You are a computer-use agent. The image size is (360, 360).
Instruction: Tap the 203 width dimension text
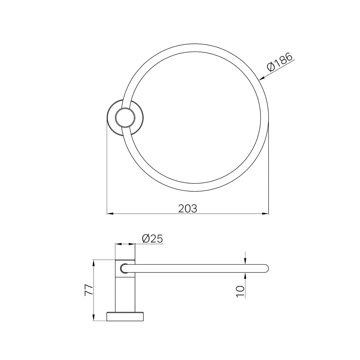(x=187, y=209)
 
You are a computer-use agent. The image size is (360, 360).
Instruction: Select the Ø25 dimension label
(x=152, y=238)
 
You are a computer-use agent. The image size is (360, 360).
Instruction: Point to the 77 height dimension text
(x=88, y=290)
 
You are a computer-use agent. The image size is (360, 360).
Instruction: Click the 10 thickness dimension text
(x=240, y=292)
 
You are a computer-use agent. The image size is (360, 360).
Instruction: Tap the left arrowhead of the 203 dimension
(x=110, y=214)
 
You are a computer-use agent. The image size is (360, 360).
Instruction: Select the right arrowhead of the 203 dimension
(x=265, y=214)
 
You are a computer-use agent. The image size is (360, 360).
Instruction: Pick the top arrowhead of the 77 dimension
(x=94, y=263)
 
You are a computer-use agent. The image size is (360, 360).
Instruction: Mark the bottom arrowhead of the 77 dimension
(x=94, y=318)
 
